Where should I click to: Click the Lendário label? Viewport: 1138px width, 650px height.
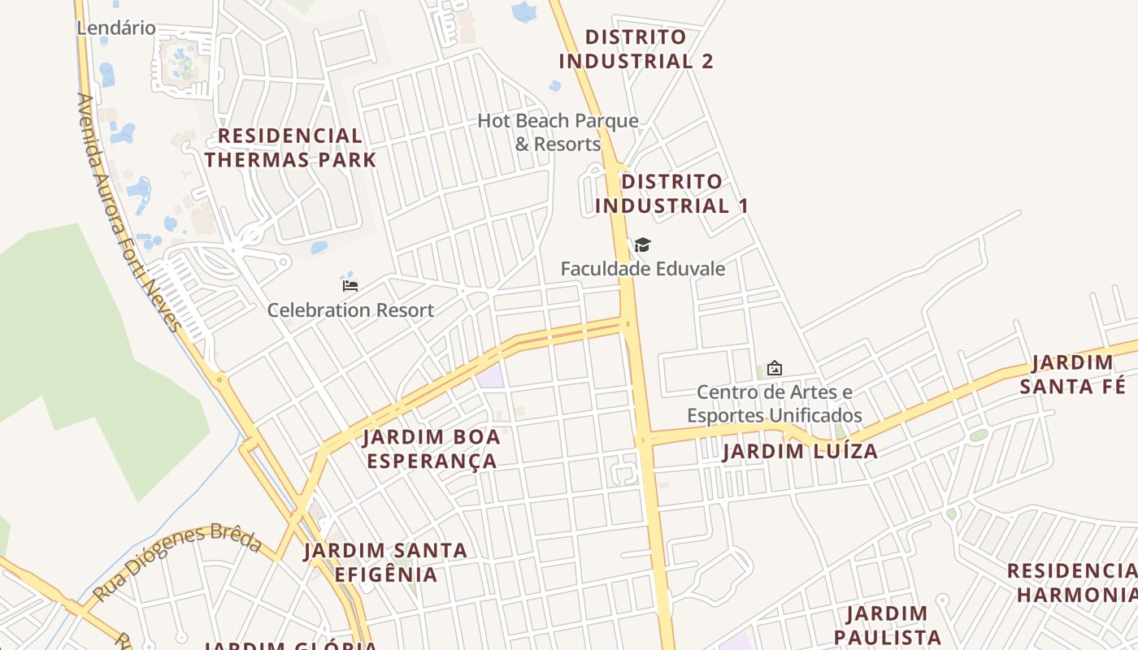click(116, 28)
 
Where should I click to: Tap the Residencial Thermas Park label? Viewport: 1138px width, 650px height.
click(290, 148)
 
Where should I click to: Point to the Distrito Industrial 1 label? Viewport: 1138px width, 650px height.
click(671, 193)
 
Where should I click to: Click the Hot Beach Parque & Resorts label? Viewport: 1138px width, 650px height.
click(558, 132)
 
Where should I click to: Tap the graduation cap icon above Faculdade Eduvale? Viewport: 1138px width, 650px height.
click(642, 245)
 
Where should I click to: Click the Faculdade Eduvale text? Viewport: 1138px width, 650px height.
click(642, 268)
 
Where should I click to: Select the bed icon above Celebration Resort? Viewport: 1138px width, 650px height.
click(350, 286)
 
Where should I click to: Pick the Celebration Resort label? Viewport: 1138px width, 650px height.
click(350, 310)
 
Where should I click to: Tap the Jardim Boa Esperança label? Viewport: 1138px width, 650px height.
click(432, 448)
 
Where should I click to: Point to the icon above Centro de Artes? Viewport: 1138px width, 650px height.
click(775, 369)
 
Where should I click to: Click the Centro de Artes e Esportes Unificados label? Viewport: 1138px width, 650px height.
click(775, 404)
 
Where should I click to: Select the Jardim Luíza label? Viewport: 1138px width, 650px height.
click(800, 452)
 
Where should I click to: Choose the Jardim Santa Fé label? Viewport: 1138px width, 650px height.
click(1073, 374)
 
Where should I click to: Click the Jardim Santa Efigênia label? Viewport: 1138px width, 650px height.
click(385, 562)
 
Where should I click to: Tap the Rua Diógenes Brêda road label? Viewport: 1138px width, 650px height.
click(177, 563)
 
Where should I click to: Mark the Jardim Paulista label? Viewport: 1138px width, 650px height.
click(888, 625)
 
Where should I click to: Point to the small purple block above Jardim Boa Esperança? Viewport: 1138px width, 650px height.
click(490, 377)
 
